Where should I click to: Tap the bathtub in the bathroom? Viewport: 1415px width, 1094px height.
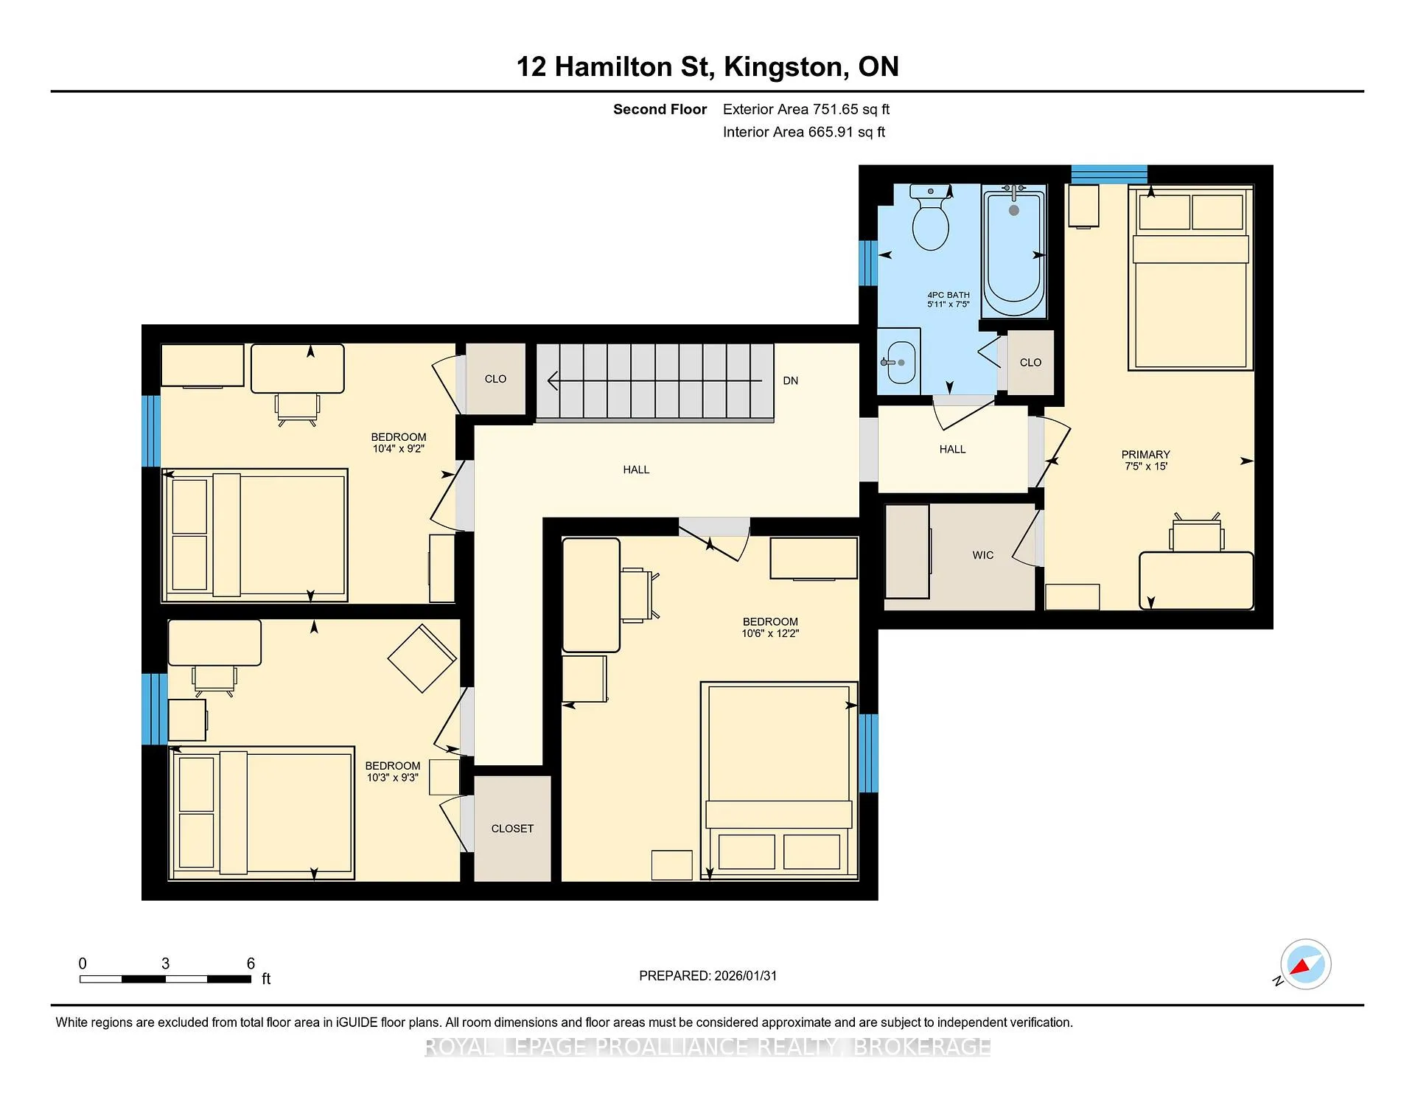(1014, 251)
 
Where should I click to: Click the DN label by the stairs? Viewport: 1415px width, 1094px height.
(791, 380)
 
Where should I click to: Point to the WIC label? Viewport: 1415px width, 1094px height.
(983, 555)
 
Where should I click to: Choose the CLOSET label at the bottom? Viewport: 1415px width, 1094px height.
(512, 829)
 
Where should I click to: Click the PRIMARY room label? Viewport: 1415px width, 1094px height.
(1146, 454)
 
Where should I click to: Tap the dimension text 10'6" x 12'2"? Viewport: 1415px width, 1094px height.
(770, 633)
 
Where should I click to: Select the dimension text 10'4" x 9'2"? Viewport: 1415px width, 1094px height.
(399, 448)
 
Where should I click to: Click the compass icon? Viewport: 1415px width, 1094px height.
(1305, 964)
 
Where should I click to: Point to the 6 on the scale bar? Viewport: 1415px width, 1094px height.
(251, 964)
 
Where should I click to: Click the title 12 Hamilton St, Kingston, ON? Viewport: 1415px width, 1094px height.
(707, 67)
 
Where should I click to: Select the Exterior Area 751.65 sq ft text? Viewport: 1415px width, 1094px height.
(806, 109)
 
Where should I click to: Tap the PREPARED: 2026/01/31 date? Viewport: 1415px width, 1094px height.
(707, 975)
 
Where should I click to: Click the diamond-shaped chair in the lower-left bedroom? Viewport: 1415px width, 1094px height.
(422, 658)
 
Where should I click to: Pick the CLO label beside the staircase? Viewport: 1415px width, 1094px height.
(495, 379)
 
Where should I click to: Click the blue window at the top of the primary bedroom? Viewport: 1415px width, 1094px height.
(1109, 175)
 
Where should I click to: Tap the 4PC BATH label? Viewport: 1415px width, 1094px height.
(948, 295)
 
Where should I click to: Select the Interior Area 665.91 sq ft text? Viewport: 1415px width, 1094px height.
(804, 132)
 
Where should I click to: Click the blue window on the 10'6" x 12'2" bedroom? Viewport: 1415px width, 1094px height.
(869, 753)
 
